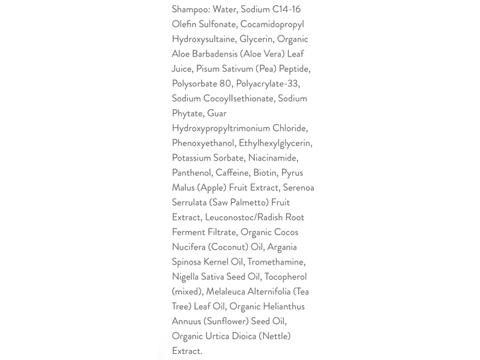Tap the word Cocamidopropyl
click(272, 25)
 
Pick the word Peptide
click(291, 69)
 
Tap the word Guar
click(217, 113)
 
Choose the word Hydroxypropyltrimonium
click(221, 128)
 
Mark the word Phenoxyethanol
click(203, 143)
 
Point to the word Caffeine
click(233, 173)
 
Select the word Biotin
click(265, 173)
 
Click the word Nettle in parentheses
click(274, 336)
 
